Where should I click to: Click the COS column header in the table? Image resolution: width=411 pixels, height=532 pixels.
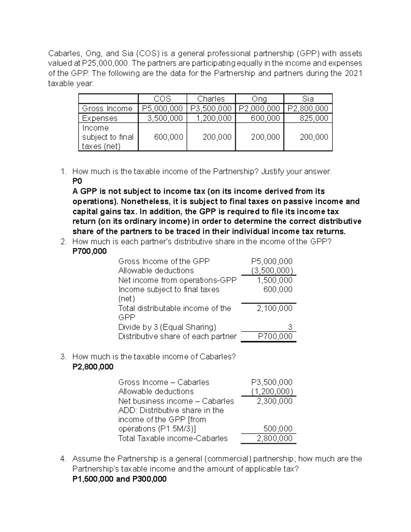[x=162, y=99]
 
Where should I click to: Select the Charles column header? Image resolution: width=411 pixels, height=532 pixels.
[x=211, y=99]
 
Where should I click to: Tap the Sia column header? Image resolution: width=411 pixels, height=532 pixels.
[x=308, y=99]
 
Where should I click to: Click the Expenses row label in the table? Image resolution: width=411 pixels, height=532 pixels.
[x=100, y=118]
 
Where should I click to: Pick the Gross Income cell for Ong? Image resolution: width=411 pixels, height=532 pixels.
[x=259, y=109]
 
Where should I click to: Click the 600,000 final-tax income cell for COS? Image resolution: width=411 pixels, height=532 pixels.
[x=168, y=137]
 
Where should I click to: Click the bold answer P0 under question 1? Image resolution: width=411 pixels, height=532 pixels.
[x=77, y=181]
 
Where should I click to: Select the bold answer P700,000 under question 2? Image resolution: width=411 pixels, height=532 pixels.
[x=89, y=251]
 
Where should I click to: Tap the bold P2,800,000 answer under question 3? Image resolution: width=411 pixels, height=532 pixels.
[x=93, y=367]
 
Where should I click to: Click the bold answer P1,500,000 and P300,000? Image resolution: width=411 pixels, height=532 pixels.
[x=120, y=479]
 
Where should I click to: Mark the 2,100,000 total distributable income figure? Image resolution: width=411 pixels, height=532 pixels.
[x=275, y=308]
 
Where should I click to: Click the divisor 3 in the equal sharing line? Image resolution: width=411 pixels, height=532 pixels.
[x=290, y=327]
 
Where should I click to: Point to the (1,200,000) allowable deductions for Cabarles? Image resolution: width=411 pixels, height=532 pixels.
[x=272, y=392]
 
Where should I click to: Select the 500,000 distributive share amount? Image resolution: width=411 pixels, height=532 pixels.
[x=278, y=429]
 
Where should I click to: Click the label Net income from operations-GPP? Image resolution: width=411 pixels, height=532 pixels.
[x=177, y=280]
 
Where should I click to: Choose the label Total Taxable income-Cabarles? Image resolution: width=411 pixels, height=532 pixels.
[x=173, y=438]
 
